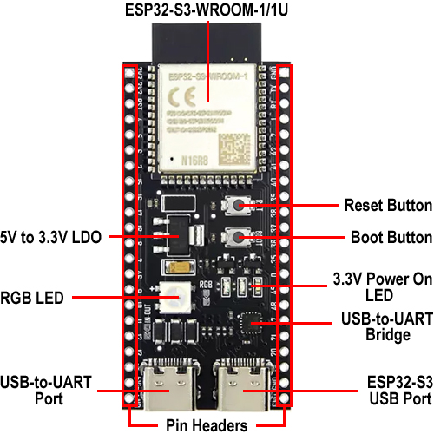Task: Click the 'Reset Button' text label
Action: tap(388, 206)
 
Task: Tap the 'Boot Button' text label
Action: tap(391, 237)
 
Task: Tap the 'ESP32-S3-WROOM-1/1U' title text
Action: tap(207, 10)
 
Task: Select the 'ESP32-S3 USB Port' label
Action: tap(387, 391)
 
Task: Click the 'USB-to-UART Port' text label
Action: tap(48, 391)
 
